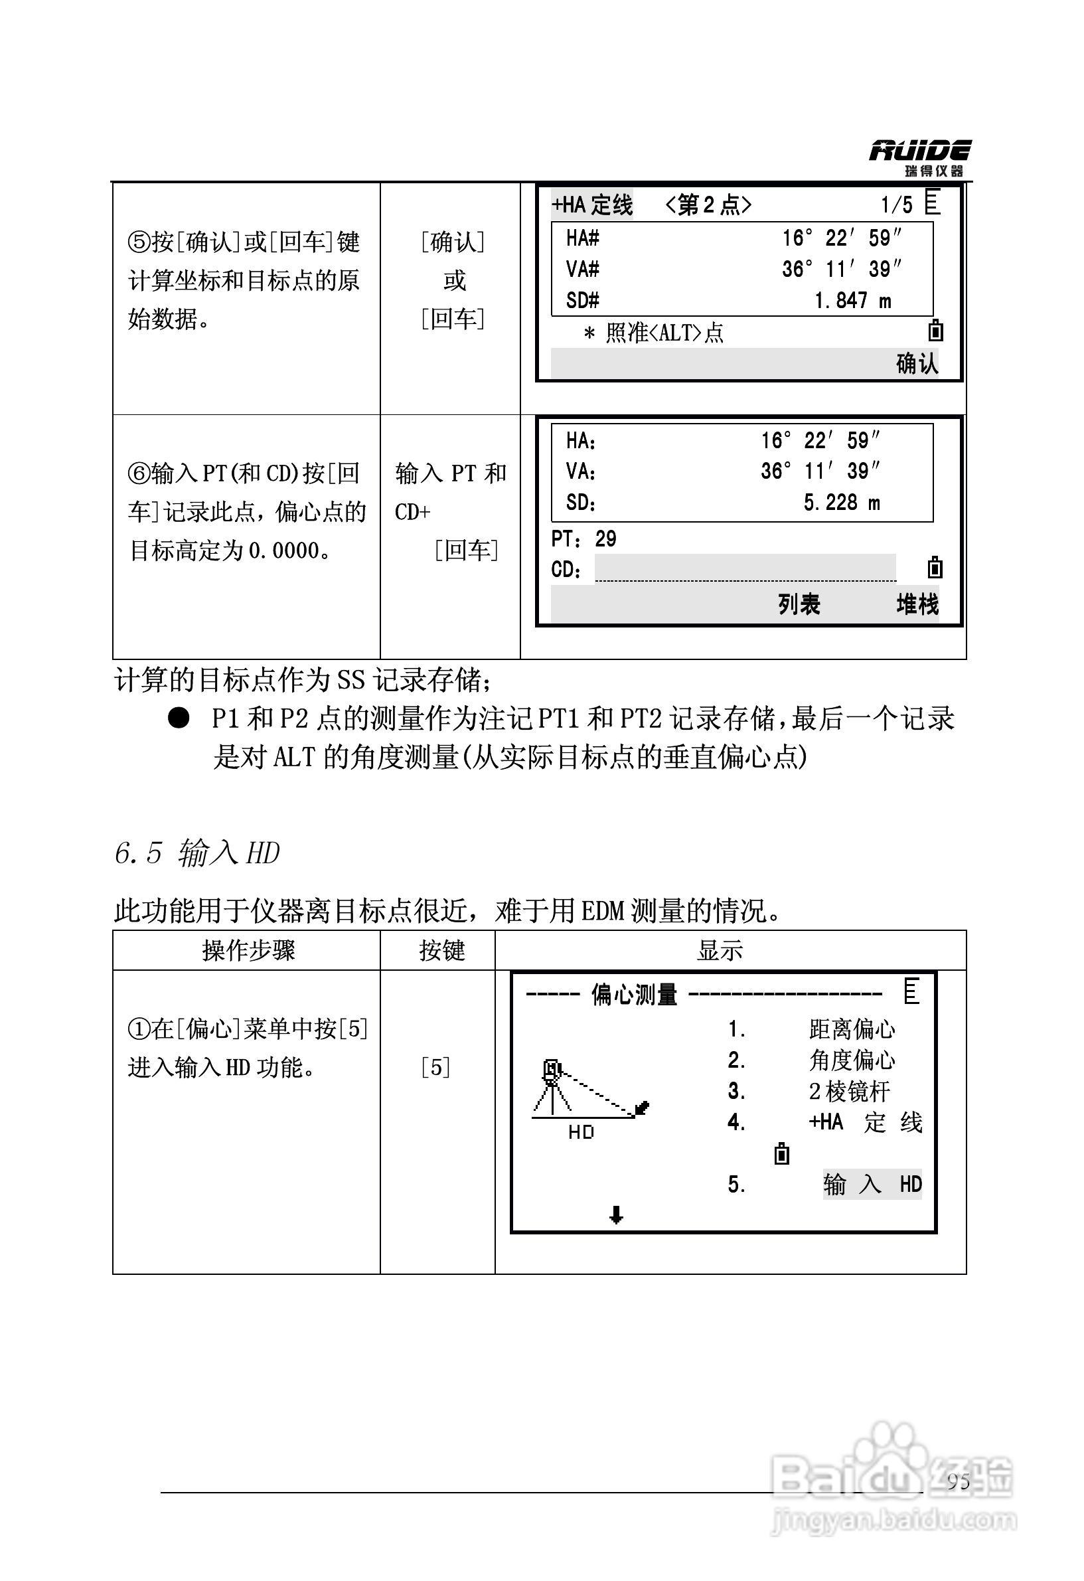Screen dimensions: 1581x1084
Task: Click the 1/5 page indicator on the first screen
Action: [x=895, y=204]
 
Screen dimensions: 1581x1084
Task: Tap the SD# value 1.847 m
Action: [x=852, y=300]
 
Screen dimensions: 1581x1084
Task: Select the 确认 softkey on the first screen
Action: [x=917, y=364]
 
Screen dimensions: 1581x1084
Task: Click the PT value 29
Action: [x=605, y=539]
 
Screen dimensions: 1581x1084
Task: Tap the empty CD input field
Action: [x=745, y=568]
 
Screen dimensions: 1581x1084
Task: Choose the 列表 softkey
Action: [x=799, y=604]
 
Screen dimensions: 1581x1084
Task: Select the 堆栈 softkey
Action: [x=917, y=604]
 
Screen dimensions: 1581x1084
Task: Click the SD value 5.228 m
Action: [x=841, y=503]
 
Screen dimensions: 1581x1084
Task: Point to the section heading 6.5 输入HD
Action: [x=196, y=853]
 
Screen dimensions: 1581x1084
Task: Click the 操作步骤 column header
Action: [x=248, y=950]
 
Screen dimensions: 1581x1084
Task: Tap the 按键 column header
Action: [x=441, y=950]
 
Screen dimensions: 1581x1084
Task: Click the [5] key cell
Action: [x=435, y=1067]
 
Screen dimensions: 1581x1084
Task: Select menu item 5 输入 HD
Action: [x=872, y=1185]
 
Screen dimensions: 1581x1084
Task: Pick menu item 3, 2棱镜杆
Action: [x=850, y=1091]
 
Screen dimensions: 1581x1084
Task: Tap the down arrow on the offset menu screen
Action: [x=616, y=1214]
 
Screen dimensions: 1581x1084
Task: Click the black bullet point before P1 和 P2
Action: [x=178, y=718]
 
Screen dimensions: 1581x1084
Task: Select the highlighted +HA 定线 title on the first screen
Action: [x=591, y=204]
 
